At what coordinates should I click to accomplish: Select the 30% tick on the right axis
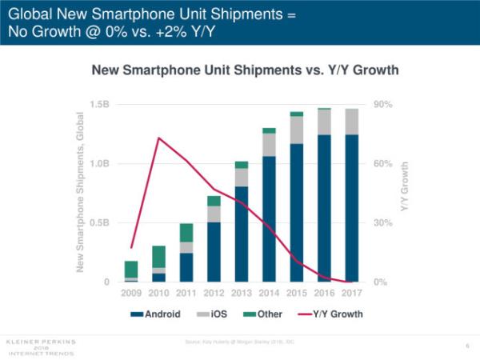pos(382,223)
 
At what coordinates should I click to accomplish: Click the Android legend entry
pos(160,314)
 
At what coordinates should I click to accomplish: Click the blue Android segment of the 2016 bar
pos(324,208)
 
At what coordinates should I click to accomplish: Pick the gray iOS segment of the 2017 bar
pos(351,122)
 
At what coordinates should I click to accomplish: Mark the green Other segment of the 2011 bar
pos(186,232)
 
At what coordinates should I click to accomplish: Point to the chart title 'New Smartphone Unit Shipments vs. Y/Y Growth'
pos(246,72)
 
